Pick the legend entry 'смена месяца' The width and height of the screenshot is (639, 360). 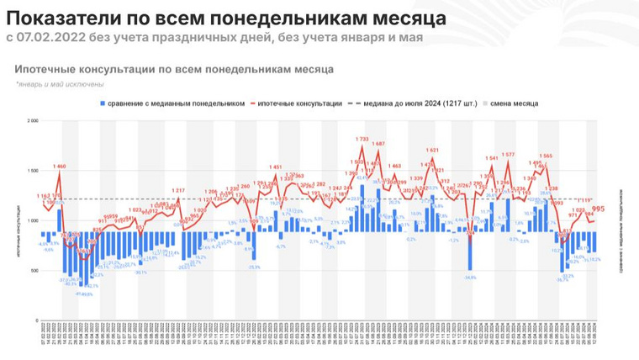(519, 103)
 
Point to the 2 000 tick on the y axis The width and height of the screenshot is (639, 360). (33, 121)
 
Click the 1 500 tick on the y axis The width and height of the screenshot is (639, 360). (33, 171)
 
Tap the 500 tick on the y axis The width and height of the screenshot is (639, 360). (34, 271)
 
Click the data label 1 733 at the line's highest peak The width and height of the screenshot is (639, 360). (362, 139)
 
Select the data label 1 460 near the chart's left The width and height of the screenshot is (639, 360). (60, 167)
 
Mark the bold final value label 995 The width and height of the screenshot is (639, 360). (599, 209)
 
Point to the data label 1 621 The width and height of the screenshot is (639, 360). (432, 151)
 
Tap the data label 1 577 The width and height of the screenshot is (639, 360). (508, 155)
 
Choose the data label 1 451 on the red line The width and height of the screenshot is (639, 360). (277, 167)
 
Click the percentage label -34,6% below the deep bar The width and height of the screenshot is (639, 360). (469, 277)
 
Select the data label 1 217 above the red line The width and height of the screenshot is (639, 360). (178, 191)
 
